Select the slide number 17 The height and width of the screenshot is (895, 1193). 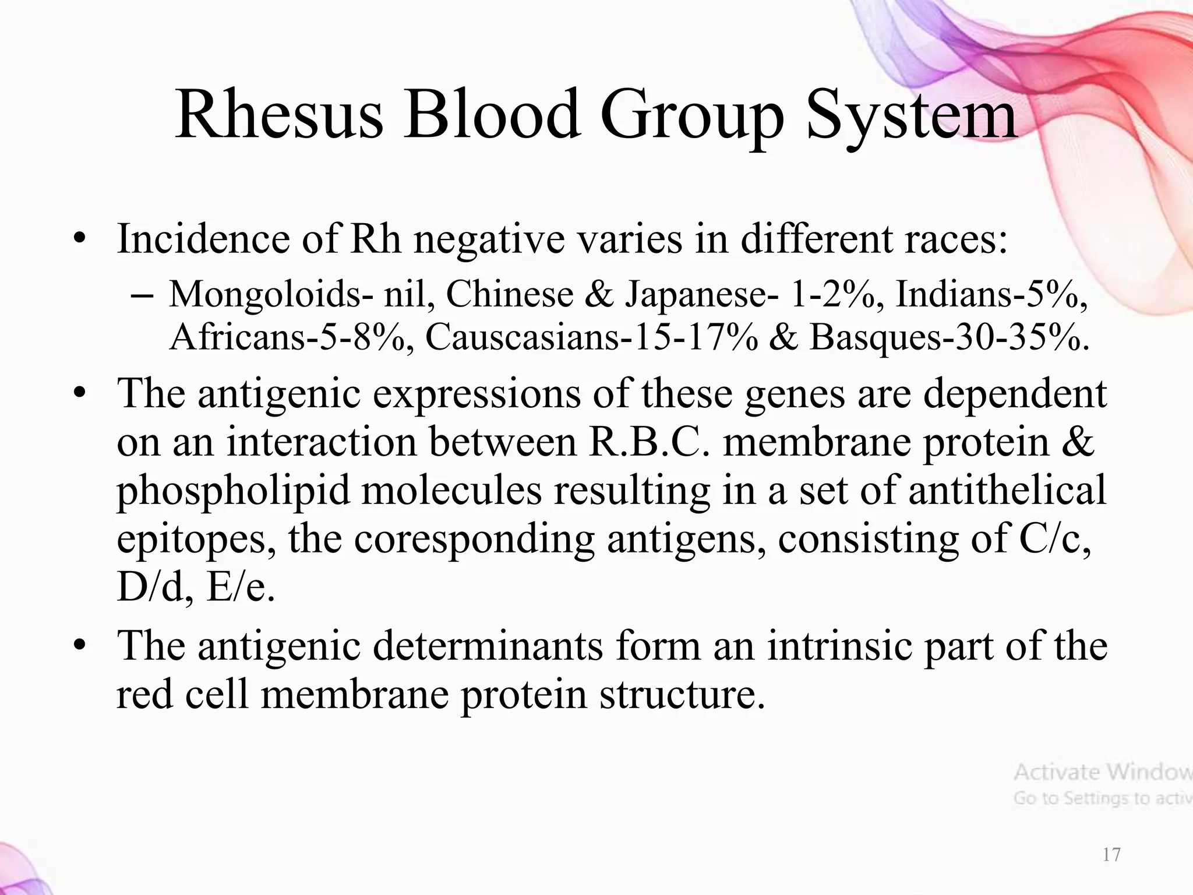[1111, 855]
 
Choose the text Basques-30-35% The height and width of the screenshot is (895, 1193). [950, 337]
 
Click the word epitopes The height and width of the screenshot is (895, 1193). [196, 540]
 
